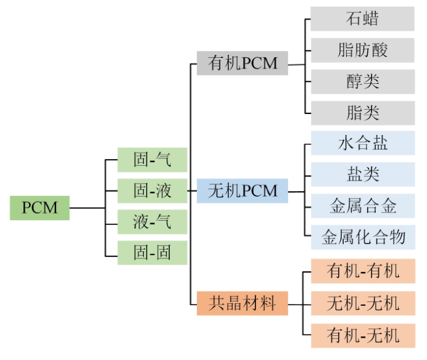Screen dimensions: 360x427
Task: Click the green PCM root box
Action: (x=39, y=208)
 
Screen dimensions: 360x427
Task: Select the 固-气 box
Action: (x=152, y=160)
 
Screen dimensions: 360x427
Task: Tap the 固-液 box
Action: (x=152, y=190)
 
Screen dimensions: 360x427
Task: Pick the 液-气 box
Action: (x=152, y=221)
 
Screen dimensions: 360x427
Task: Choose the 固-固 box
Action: (x=152, y=252)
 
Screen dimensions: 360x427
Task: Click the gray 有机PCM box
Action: (x=243, y=63)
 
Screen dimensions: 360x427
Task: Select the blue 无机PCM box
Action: (x=243, y=191)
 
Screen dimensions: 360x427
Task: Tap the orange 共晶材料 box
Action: (x=243, y=303)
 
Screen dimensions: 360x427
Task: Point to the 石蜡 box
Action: (x=362, y=18)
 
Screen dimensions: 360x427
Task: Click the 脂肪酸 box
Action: (x=362, y=50)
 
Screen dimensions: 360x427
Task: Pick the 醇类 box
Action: (x=362, y=81)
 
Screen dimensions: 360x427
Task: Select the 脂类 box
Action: (x=362, y=113)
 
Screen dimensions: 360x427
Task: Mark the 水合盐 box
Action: (x=362, y=143)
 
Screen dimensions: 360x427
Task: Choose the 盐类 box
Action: (x=362, y=174)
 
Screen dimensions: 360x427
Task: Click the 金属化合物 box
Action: (x=362, y=237)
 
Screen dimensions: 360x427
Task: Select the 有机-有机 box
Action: (x=362, y=271)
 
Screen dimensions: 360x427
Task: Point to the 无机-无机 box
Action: (x=362, y=303)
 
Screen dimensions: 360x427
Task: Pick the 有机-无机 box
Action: (x=362, y=335)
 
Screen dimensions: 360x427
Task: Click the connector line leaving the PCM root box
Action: (x=87, y=208)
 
